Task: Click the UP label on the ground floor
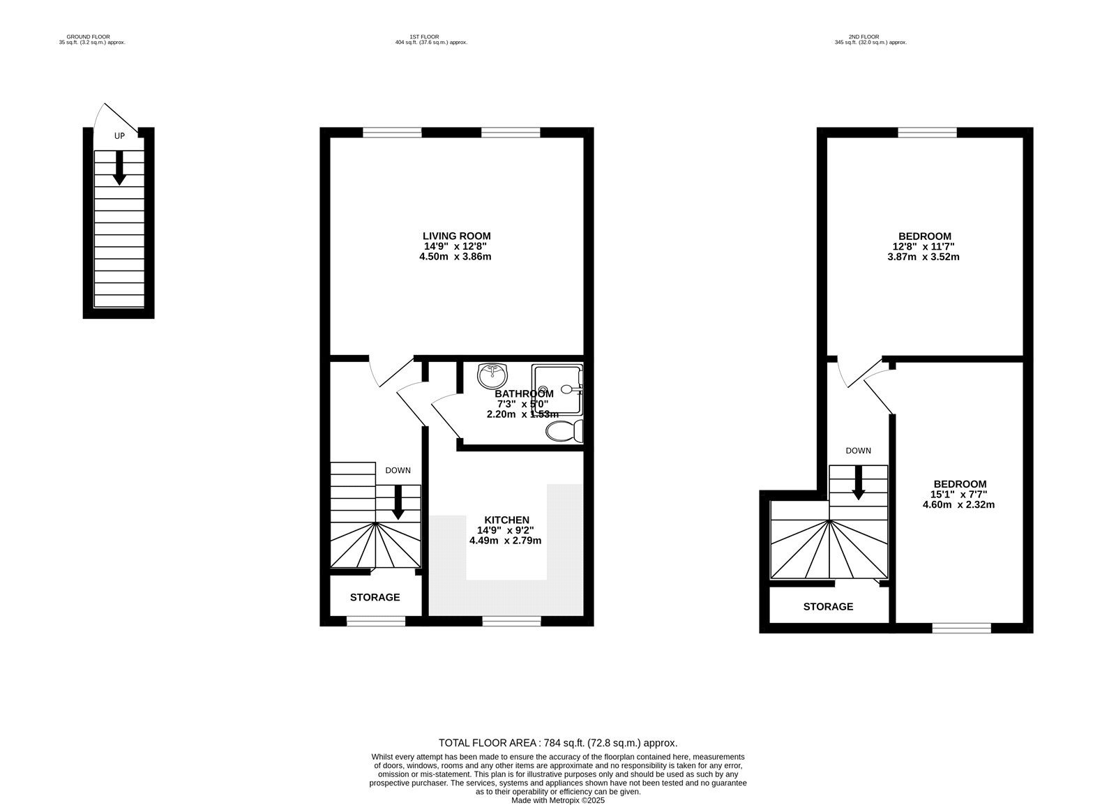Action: click(119, 135)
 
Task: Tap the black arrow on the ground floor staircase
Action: click(119, 168)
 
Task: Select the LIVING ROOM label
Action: click(456, 236)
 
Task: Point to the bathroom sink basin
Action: click(492, 375)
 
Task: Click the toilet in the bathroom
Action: click(564, 431)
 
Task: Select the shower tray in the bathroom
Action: click(557, 389)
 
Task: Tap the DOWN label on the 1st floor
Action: click(398, 470)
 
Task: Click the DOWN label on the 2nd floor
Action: click(859, 451)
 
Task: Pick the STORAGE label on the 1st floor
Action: click(375, 597)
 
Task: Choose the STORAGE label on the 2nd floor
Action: click(828, 607)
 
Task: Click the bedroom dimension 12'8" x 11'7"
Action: click(923, 246)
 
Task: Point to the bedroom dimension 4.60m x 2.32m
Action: click(958, 504)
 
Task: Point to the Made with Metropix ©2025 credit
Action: click(558, 801)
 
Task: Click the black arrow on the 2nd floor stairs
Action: click(859, 483)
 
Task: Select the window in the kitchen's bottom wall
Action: click(512, 621)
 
